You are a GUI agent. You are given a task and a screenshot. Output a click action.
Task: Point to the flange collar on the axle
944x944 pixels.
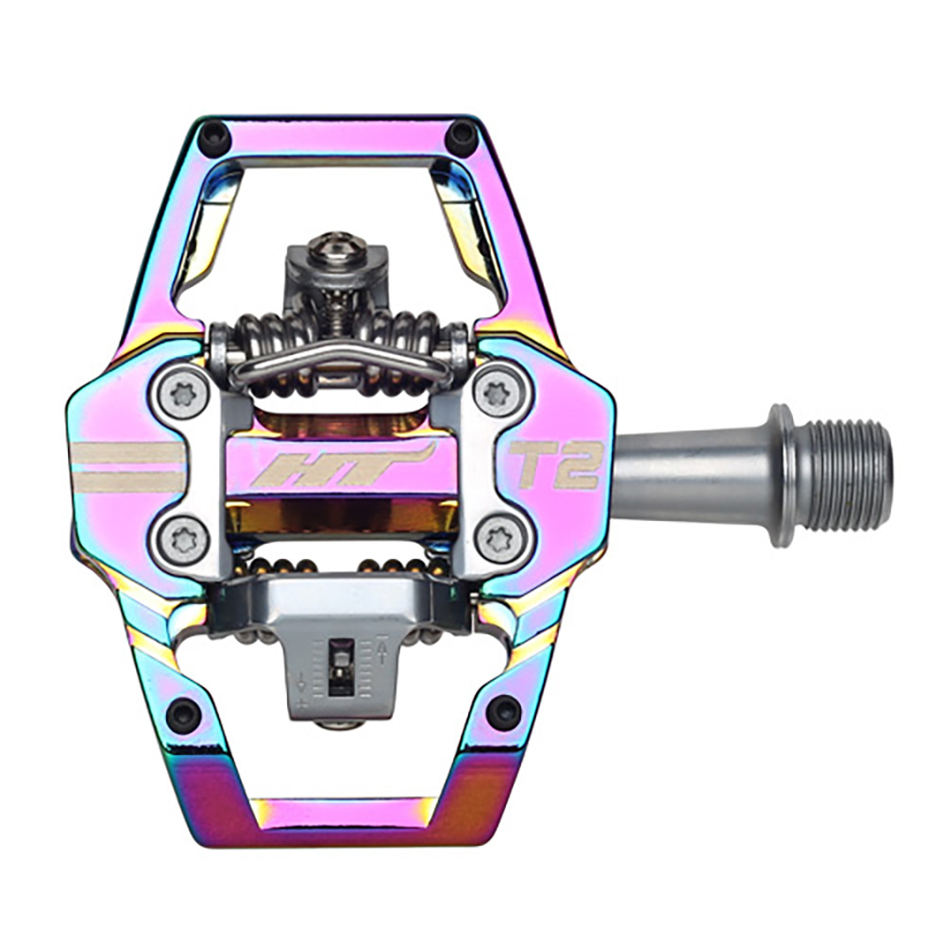pos(780,474)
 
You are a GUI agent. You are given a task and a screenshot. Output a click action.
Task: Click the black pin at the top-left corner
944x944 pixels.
pos(216,139)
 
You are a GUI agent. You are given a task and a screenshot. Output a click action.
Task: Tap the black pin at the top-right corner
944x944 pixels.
pos(461,137)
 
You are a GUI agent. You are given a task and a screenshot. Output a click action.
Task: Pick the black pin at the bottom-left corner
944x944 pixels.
pos(183,714)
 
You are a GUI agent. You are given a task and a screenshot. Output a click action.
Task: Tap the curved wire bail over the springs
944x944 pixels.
pos(340,360)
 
